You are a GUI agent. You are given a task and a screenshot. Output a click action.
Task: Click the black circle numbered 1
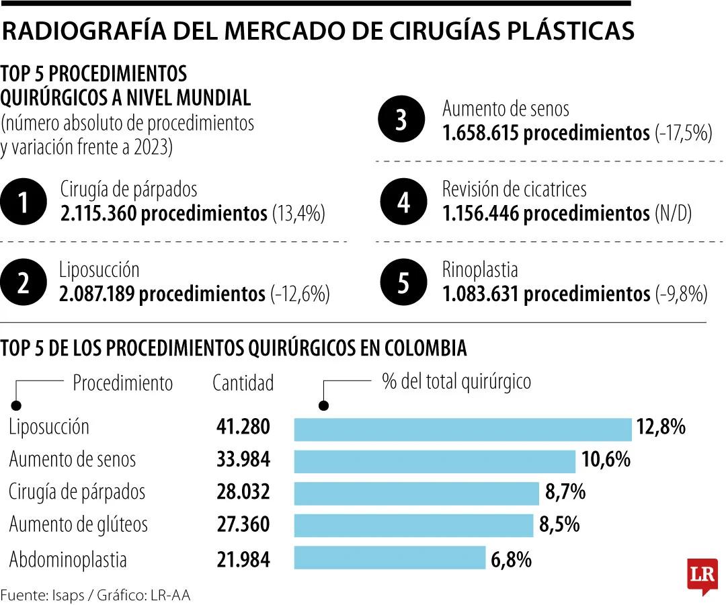pyautogui.click(x=23, y=202)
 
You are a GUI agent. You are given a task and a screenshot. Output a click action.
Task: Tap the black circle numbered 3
pyautogui.click(x=401, y=121)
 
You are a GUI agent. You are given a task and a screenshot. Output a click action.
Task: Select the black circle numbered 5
pyautogui.click(x=401, y=283)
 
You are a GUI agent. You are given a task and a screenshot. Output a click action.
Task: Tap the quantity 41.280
pyautogui.click(x=243, y=428)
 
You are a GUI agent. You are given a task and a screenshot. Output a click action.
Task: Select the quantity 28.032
pyautogui.click(x=243, y=492)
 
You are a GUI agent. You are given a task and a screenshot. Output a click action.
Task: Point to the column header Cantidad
pyautogui.click(x=243, y=383)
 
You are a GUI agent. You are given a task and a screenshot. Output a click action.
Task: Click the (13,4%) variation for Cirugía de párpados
pyautogui.click(x=298, y=214)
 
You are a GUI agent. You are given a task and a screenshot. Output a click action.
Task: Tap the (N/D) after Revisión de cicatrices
pyautogui.click(x=673, y=214)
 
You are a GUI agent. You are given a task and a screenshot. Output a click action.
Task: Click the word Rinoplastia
pyautogui.click(x=480, y=270)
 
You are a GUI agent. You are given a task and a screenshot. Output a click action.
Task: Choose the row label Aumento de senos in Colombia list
pyautogui.click(x=73, y=460)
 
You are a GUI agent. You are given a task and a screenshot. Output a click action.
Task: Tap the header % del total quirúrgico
pyautogui.click(x=456, y=382)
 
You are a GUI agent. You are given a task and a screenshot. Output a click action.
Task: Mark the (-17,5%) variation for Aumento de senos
pyautogui.click(x=683, y=133)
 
